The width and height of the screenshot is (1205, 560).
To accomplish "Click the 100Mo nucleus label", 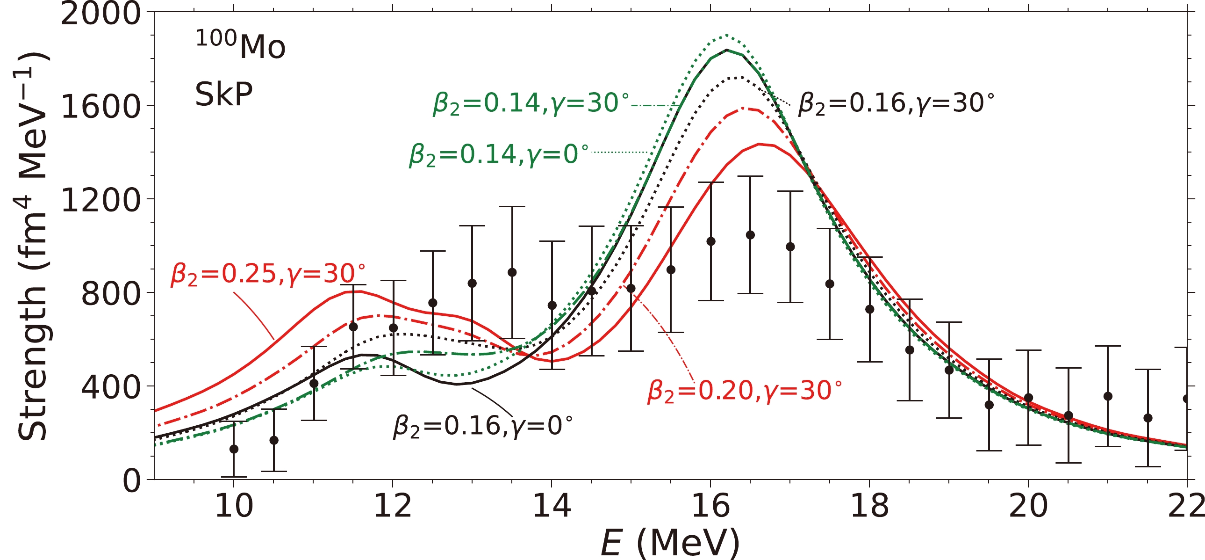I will tap(240, 45).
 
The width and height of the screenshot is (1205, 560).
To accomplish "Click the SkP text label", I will tap(223, 94).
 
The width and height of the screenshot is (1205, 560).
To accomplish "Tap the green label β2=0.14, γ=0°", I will tap(499, 154).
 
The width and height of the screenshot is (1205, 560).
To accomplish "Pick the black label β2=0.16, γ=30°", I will tap(895, 103).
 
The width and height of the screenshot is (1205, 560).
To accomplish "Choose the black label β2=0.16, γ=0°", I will tap(483, 426).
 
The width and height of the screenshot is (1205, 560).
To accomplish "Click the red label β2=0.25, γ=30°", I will tap(267, 274).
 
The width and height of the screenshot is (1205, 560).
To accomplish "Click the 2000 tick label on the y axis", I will tap(100, 13).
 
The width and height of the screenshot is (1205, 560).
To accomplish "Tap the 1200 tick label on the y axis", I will tap(100, 200).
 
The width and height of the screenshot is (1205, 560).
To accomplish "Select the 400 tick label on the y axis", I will tap(110, 387).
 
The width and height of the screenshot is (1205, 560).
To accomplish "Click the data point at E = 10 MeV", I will tap(234, 449).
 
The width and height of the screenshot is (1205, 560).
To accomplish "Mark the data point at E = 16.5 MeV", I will tap(750, 235).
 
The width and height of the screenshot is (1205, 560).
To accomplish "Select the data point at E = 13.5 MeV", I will tap(512, 272).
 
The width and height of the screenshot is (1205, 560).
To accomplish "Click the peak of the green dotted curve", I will tap(726, 35).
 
